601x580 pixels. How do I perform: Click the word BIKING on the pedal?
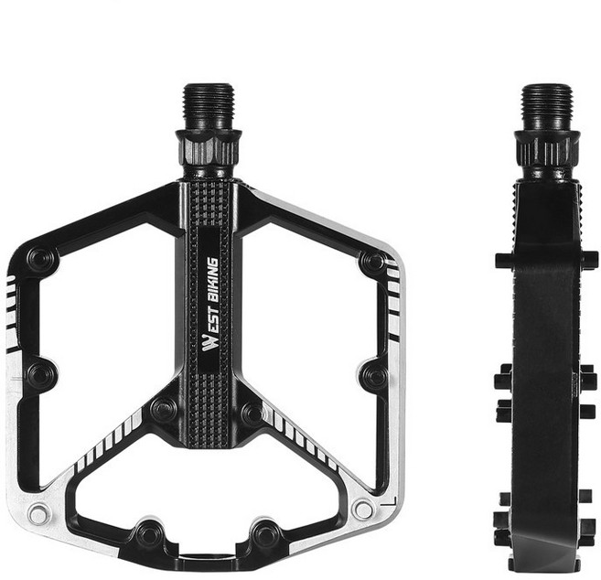click(211, 279)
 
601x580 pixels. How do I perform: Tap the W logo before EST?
click(209, 343)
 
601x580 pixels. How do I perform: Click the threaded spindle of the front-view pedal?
click(209, 107)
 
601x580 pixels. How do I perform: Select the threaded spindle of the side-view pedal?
click(547, 108)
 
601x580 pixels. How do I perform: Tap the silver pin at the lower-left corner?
click(38, 514)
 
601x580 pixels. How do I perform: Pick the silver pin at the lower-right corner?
click(363, 510)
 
